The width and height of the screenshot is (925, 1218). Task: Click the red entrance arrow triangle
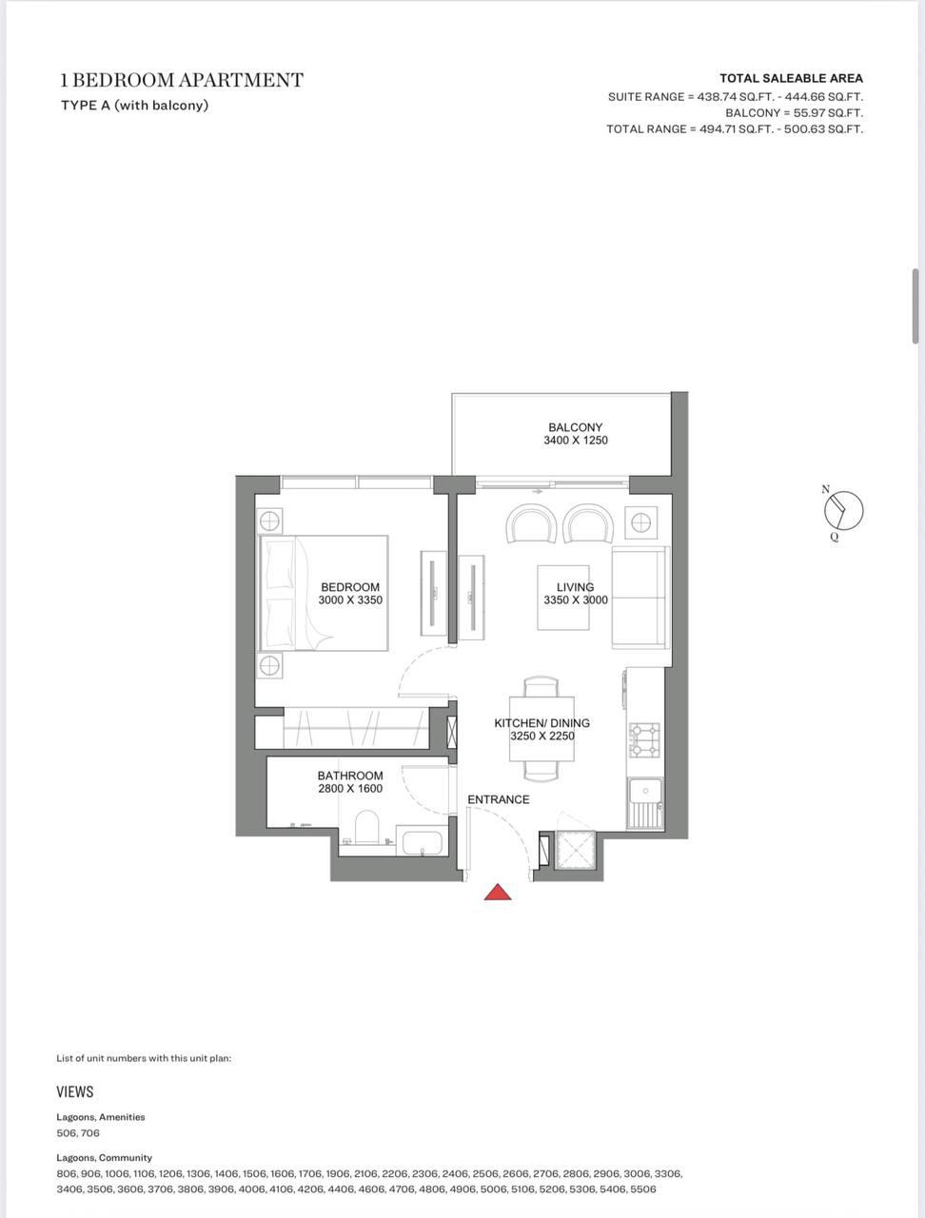498,892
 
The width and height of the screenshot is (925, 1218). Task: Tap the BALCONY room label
576,427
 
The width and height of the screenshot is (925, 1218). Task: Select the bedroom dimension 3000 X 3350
350,599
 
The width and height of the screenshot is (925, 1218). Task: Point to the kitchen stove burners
644,740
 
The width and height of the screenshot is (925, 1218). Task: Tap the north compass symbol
843,510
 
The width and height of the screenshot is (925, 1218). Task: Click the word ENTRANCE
499,799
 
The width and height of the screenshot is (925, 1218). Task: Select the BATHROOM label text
350,776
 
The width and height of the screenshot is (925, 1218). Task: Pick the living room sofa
640,598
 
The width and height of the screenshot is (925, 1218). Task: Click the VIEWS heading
75,1092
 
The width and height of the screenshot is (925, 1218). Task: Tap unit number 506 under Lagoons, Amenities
66,1132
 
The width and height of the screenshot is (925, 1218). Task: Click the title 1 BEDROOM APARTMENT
182,81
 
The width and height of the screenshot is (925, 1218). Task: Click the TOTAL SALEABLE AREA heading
791,78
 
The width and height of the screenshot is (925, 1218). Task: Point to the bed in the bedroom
325,593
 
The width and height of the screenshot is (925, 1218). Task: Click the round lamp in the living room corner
640,522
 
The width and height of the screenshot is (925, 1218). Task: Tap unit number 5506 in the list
643,1189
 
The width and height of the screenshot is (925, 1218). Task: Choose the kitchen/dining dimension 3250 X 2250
542,736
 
